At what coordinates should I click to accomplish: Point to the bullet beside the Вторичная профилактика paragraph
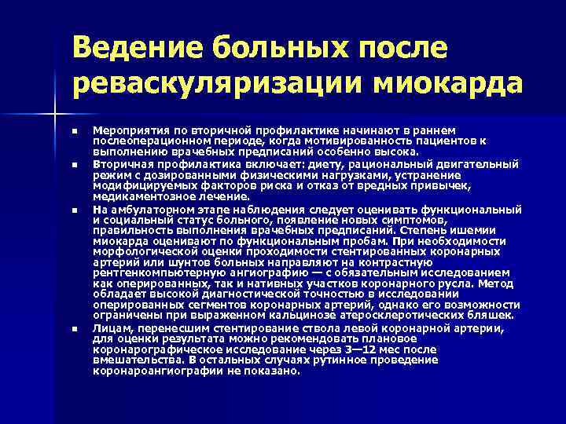(x=73, y=165)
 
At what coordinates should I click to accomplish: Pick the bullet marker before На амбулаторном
(x=73, y=210)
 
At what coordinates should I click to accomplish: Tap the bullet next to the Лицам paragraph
(x=73, y=327)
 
